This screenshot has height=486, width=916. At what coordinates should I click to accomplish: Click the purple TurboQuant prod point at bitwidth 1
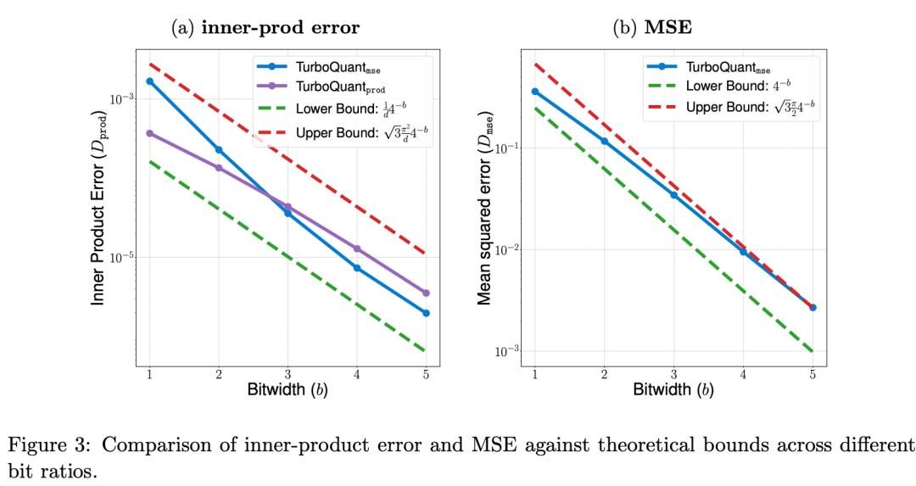coord(149,133)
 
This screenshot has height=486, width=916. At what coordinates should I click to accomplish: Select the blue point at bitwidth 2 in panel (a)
coord(219,149)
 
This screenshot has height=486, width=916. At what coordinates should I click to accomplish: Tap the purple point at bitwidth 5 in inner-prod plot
coord(426,293)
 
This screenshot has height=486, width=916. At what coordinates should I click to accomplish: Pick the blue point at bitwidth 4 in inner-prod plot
coord(357,268)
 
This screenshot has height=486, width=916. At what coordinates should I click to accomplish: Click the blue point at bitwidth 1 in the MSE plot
coord(535,91)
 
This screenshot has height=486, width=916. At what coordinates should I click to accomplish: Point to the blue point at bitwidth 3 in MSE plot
coord(674,195)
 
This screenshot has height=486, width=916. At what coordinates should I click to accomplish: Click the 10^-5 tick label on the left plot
coord(123,257)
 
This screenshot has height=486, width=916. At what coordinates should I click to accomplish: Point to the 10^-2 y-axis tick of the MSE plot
coord(508,250)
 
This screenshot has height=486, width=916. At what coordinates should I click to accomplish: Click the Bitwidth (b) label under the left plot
coord(288,391)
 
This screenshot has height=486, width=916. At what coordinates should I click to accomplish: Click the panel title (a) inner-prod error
coord(265,27)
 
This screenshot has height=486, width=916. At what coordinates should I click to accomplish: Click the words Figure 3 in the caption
coord(59,447)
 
